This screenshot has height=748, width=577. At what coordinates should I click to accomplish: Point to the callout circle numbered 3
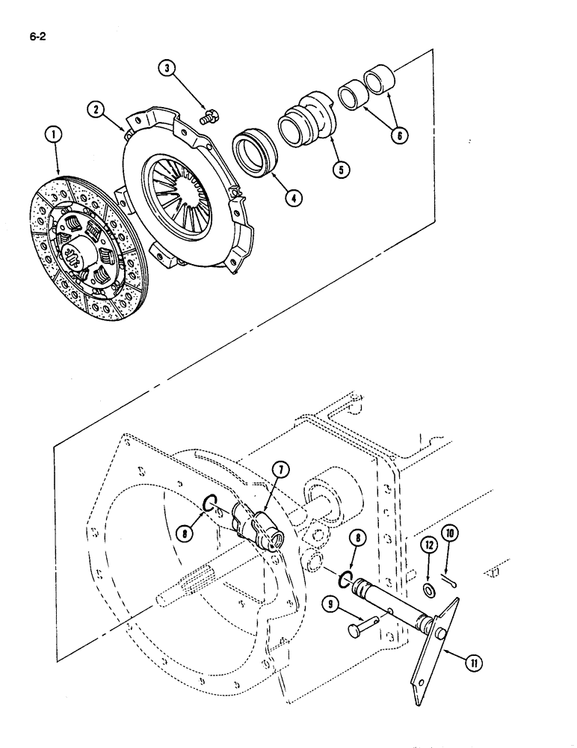pos(169,69)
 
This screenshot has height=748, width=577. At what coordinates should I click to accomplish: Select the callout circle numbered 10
pos(449,533)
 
